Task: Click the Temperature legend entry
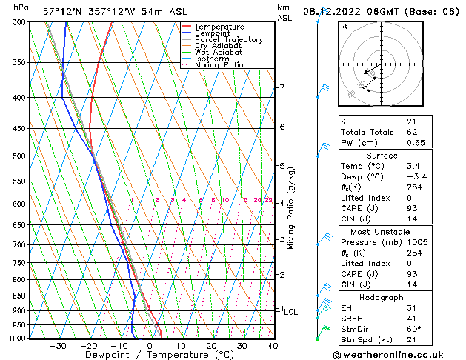219,27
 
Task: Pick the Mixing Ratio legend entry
219,65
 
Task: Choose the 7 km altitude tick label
282,87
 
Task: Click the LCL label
290,312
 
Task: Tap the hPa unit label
21,8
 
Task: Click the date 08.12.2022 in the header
329,11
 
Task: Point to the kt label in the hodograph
344,26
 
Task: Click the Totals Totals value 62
411,132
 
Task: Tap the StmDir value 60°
413,329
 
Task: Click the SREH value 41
411,319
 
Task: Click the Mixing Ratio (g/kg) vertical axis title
291,208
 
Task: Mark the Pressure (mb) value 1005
416,241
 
